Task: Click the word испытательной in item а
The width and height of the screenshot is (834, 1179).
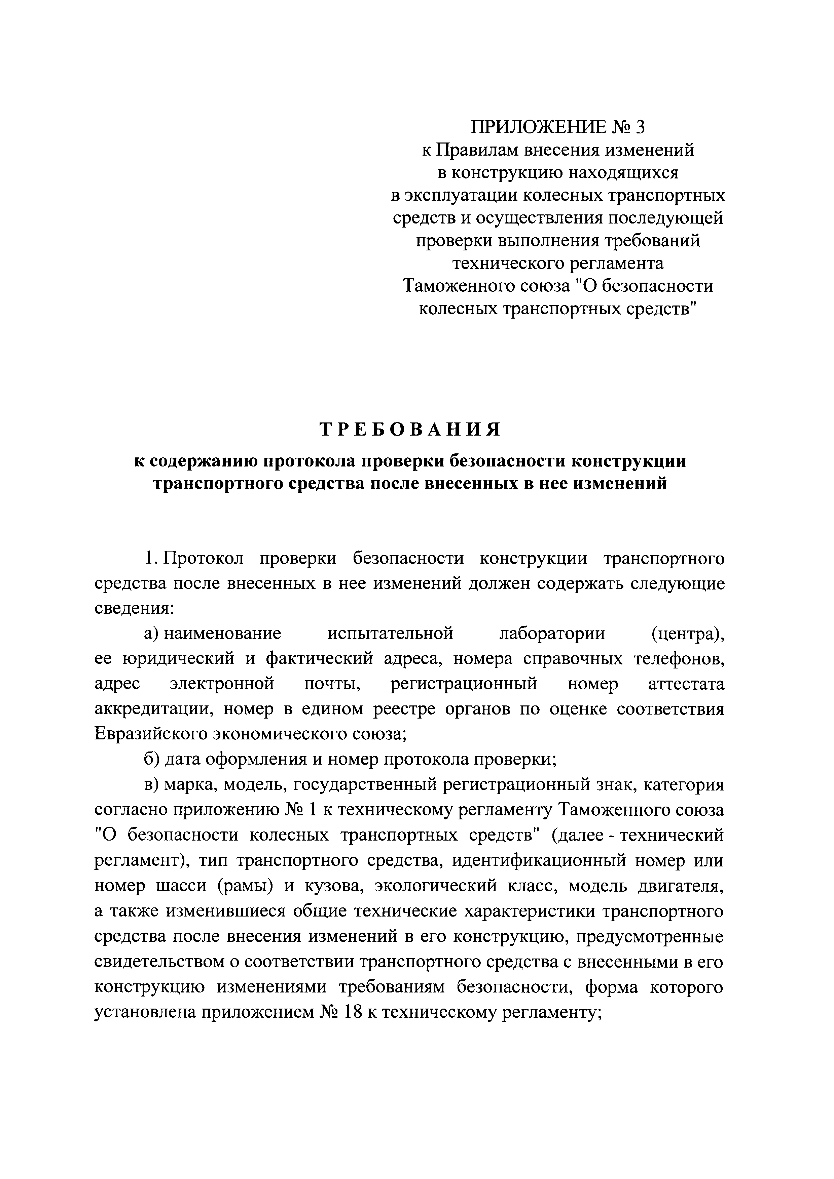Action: click(x=391, y=633)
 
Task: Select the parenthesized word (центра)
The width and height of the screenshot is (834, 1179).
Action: click(x=687, y=633)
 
